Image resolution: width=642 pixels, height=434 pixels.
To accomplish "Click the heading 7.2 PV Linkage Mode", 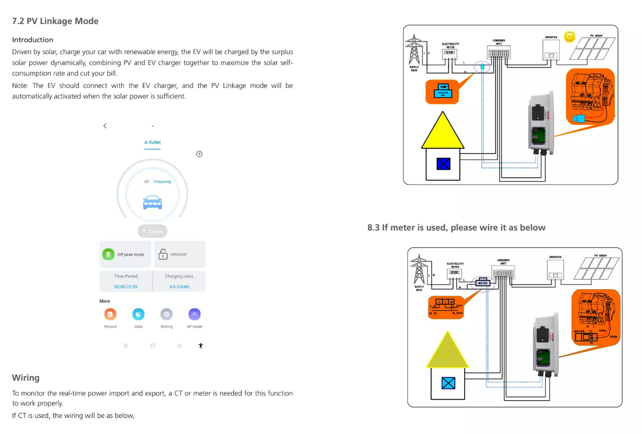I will pos(55,21).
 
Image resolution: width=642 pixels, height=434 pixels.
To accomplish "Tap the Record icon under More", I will pos(110,315).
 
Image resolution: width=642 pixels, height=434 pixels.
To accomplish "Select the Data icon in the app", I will pos(138,315).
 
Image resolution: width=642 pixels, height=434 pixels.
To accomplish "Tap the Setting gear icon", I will pos(166,315).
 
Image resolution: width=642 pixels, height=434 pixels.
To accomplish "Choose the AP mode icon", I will pos(195,315).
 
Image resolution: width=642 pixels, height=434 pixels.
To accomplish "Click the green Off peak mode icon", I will pos(108,255).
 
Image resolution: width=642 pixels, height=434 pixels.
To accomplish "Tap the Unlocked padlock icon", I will pos(163,254).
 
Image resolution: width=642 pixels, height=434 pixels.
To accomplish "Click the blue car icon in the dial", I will pos(152,202).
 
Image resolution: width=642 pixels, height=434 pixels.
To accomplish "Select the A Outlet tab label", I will pos(152,142).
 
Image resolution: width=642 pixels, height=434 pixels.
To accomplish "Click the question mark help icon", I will pos(199,154).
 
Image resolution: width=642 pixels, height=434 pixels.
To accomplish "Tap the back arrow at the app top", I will pos(105,126).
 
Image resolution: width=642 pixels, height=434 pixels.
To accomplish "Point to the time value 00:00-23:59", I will pos(126,287).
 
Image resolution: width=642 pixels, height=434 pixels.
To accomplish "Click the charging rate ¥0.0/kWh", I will pos(179,287).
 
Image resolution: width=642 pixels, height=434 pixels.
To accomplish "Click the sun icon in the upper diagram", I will pos(569,37).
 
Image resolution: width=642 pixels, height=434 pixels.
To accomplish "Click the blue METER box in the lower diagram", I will pos(483,283).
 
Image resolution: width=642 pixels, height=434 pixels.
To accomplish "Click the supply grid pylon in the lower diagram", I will pos(419,270).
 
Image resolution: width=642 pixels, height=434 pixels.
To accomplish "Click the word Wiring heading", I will pos(26,378).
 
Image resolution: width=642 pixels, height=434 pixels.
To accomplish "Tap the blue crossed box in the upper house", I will pos(443,164).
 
